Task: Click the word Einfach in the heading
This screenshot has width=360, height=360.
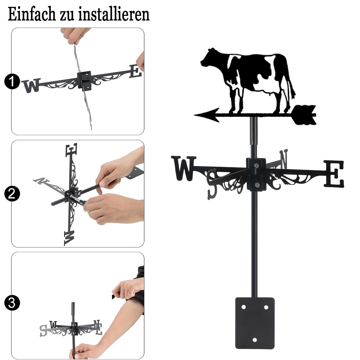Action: (32, 14)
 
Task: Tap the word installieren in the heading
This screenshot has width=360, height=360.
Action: (114, 14)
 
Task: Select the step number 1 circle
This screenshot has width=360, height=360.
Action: (12, 81)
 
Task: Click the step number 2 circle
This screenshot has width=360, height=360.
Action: (12, 194)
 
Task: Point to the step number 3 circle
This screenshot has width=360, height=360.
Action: (12, 303)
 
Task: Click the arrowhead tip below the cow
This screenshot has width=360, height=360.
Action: (194, 114)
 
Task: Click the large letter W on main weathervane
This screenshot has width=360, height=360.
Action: (184, 168)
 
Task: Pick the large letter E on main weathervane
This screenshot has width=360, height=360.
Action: (334, 174)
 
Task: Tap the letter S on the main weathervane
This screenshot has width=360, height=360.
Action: (212, 184)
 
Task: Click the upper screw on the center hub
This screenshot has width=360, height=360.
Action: (256, 165)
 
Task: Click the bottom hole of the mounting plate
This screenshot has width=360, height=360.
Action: (255, 340)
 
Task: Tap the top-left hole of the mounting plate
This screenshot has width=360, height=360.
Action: (243, 307)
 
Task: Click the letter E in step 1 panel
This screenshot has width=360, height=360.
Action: (135, 71)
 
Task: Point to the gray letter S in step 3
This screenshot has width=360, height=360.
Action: (43, 330)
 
